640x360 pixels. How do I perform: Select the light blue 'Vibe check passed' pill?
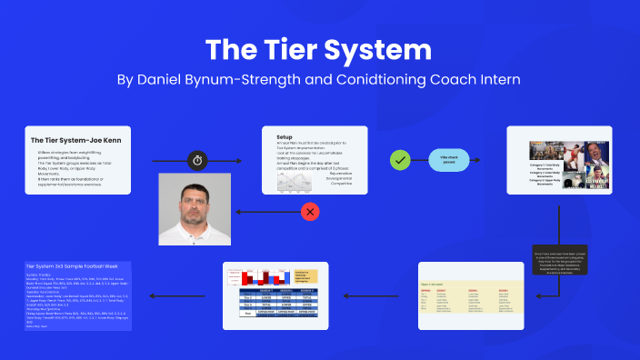point(447,160)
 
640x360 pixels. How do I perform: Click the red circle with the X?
point(310,212)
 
